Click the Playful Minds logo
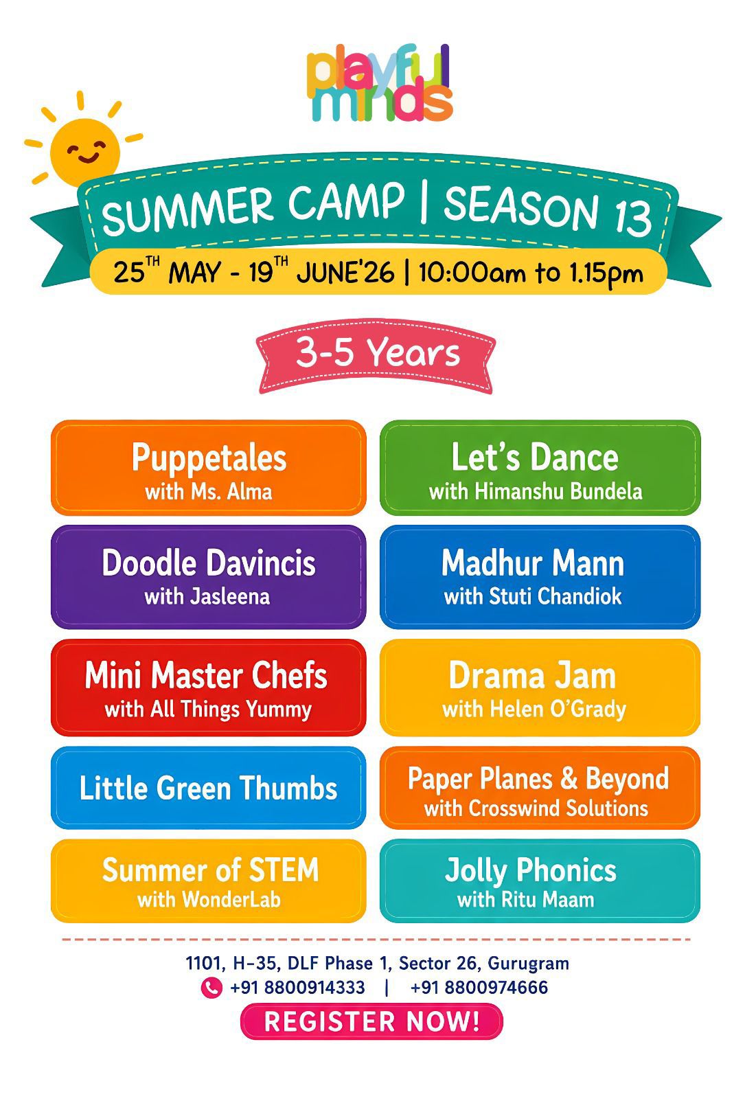pyautogui.click(x=379, y=83)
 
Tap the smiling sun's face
pyautogui.click(x=85, y=152)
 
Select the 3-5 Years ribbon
pyautogui.click(x=376, y=356)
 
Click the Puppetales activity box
pyautogui.click(x=209, y=468)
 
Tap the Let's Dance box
pyautogui.click(x=540, y=468)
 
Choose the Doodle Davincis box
pyautogui.click(x=209, y=577)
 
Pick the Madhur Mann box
pyautogui.click(x=540, y=577)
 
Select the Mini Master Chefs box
pyautogui.click(x=209, y=688)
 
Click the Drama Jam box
pyautogui.click(x=540, y=688)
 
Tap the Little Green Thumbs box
pyautogui.click(x=209, y=788)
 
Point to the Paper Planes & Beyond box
pyautogui.click(x=540, y=788)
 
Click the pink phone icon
pyautogui.click(x=211, y=988)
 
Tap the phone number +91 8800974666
pyautogui.click(x=479, y=988)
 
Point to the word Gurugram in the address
pyautogui.click(x=528, y=964)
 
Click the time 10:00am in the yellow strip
pyautogui.click(x=472, y=272)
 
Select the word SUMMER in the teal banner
pyautogui.click(x=187, y=211)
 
